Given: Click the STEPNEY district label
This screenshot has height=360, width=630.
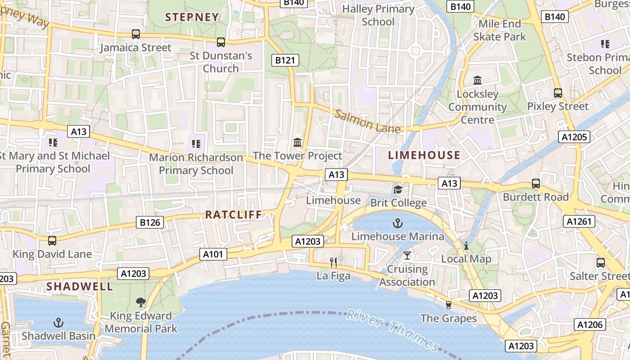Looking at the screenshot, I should coord(192,17).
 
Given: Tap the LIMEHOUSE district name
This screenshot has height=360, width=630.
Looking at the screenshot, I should coord(424,155).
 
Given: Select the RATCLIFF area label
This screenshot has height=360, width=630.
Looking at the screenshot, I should coord(234,215).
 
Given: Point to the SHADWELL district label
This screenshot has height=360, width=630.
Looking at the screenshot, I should coord(80,286).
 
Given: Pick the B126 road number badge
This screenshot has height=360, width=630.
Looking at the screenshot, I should coord(150,222).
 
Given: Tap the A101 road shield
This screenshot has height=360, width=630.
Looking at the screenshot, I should coord(213,254).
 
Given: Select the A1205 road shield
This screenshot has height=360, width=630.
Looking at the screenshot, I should coord(574,137).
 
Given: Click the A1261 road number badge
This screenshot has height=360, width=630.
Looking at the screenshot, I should coord(579,221).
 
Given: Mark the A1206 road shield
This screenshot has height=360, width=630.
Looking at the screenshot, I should coord(590,324).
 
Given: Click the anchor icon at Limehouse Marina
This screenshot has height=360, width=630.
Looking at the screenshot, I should coord(397,223).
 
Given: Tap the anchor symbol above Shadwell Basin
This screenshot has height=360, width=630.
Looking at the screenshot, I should coord(58,322).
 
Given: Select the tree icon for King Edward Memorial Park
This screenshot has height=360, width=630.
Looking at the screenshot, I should coord(141,302).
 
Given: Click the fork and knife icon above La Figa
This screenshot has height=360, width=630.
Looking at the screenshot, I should coord(333,262).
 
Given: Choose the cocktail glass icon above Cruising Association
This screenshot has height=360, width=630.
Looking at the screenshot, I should coord(407,256).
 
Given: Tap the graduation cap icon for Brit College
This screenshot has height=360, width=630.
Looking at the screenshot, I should coord(398,189).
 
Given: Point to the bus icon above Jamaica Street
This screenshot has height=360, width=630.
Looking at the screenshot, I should coord(135,34).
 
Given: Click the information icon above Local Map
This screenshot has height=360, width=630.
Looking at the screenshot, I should coord(466,246).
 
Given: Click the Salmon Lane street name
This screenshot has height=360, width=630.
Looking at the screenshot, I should coord(367,121).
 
